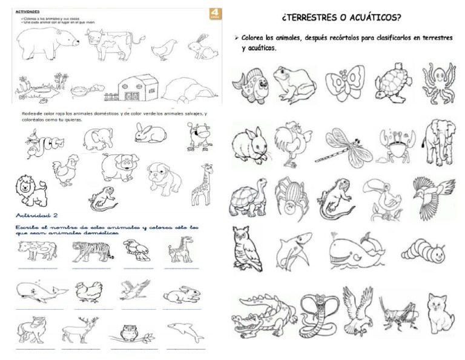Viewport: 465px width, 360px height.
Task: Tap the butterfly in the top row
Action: pyautogui.click(x=345, y=82)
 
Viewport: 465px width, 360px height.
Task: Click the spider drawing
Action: pyautogui.click(x=292, y=198)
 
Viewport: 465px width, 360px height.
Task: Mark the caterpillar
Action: pyautogui.click(x=423, y=249)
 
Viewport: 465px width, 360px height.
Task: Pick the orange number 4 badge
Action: pyautogui.click(x=214, y=13)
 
